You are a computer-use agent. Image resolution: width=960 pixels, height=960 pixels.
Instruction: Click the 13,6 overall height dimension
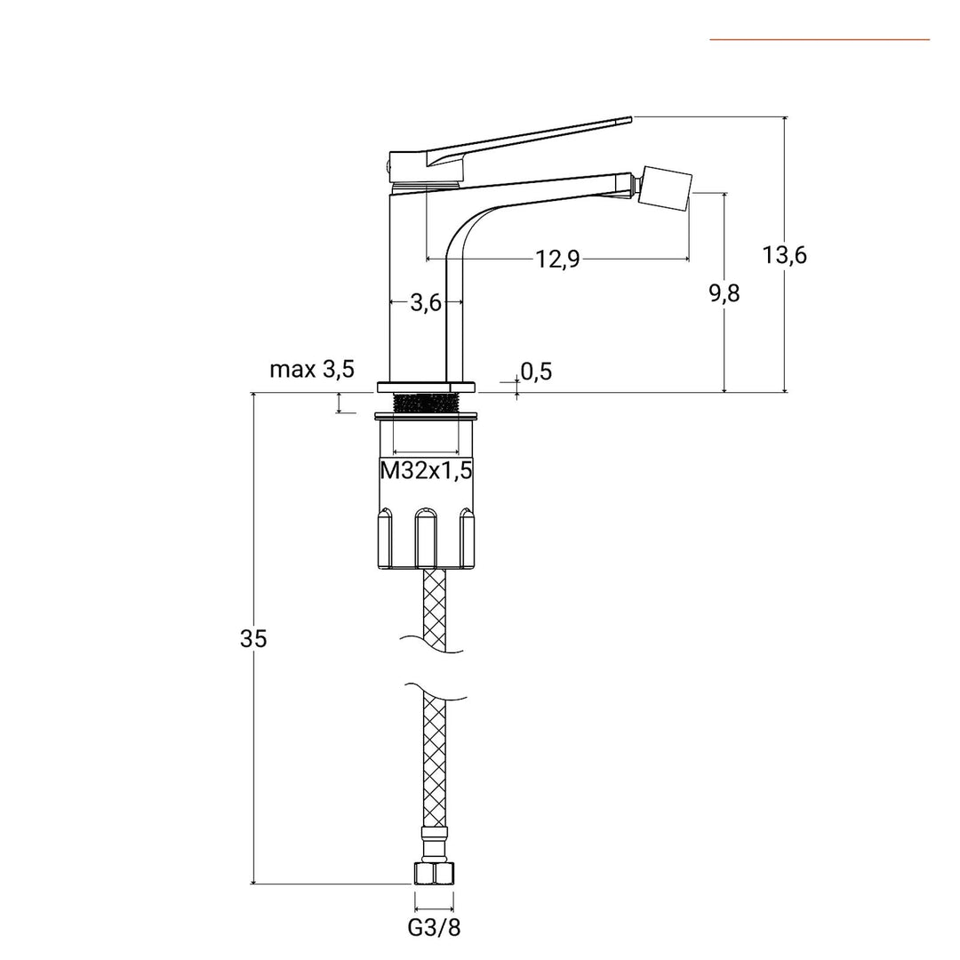(x=784, y=256)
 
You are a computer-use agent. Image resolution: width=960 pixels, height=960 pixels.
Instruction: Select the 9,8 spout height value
(x=724, y=293)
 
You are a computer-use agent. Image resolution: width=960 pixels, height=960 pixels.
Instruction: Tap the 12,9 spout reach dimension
(x=557, y=259)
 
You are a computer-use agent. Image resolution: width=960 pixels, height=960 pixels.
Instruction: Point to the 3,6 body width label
(x=426, y=303)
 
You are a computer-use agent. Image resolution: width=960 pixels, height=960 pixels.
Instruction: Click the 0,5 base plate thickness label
(x=536, y=372)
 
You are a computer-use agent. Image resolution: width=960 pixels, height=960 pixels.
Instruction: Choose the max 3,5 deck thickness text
(x=312, y=370)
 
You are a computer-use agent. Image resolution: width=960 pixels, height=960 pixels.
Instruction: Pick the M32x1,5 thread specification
(x=426, y=472)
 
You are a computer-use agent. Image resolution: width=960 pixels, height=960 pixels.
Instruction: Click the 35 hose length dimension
(x=253, y=638)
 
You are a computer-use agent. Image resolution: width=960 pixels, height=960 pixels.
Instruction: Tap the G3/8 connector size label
(x=434, y=928)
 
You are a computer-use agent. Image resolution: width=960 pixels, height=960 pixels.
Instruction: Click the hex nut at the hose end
(x=434, y=873)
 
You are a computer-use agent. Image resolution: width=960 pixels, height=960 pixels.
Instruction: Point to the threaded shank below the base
(x=426, y=403)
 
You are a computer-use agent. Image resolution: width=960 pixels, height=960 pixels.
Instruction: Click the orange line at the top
(x=819, y=39)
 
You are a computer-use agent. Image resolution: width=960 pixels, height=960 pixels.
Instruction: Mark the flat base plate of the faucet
(x=426, y=387)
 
